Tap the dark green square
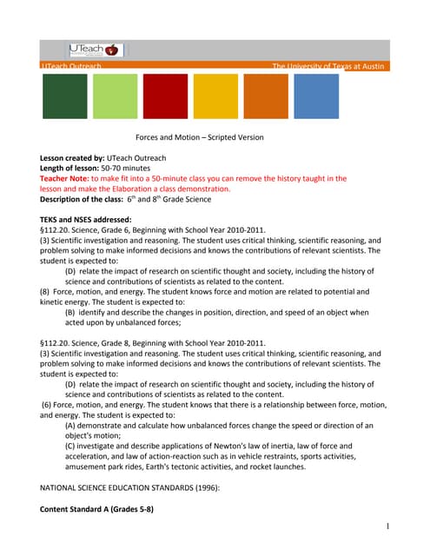pyautogui.click(x=65, y=96)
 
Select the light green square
pyautogui.click(x=115, y=96)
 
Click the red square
pyautogui.click(x=165, y=96)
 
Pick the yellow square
pyautogui.click(x=215, y=96)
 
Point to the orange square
pyautogui.click(x=266, y=96)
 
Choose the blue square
pyautogui.click(x=316, y=96)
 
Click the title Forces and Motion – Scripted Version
pyautogui.click(x=199, y=137)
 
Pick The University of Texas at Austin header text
pyautogui.click(x=329, y=66)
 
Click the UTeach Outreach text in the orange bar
pyautogui.click(x=71, y=66)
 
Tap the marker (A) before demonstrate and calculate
pyautogui.click(x=70, y=425)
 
